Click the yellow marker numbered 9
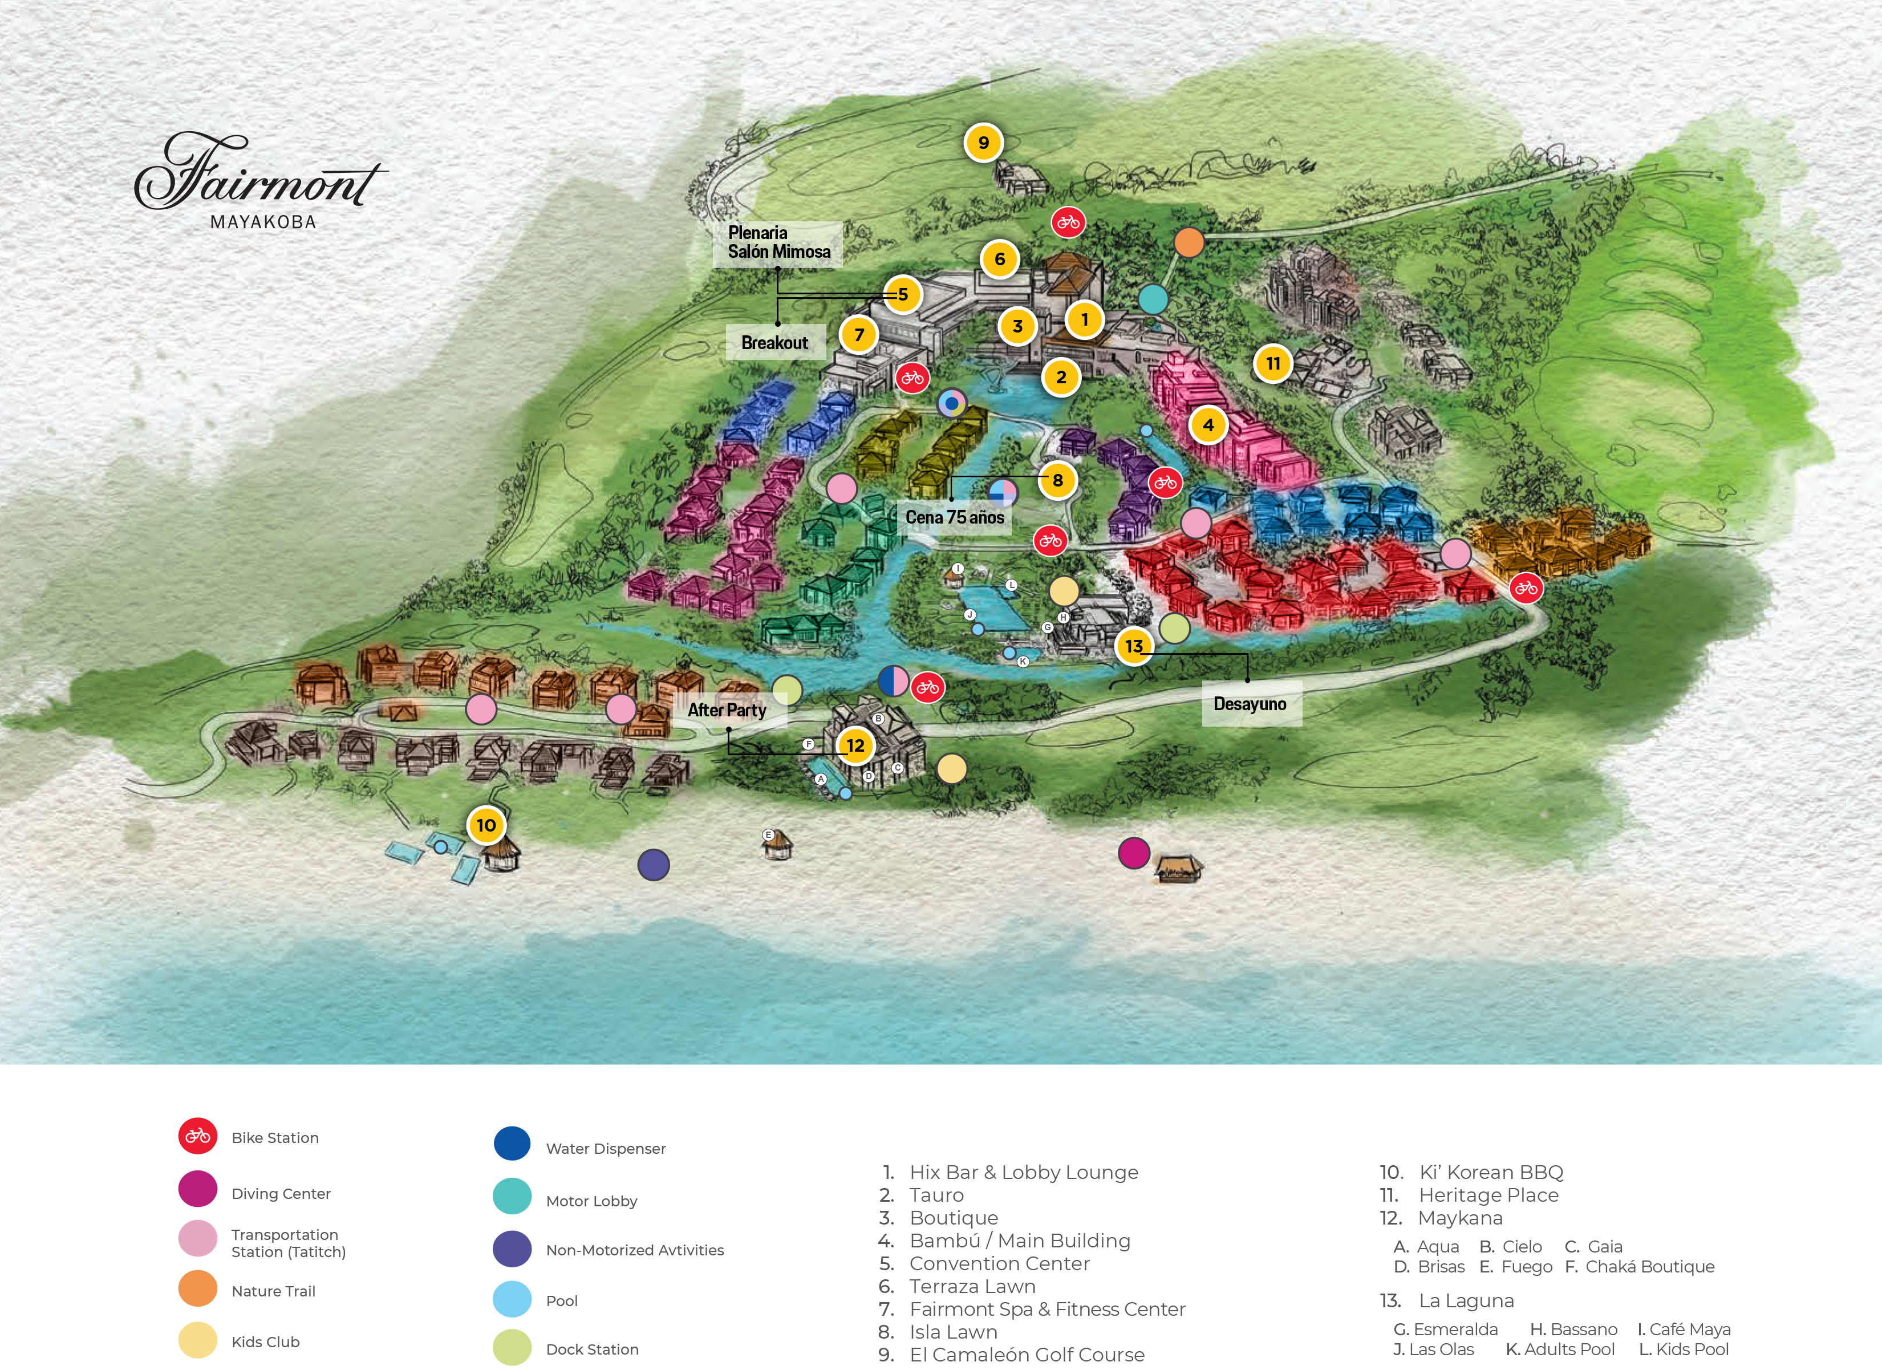coord(983,143)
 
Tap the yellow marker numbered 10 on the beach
coord(486,825)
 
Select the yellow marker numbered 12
coord(855,745)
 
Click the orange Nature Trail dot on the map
coord(1189,243)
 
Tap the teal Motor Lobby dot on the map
coord(1153,299)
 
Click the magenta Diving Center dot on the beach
coord(1134,852)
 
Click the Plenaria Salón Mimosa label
coord(778,242)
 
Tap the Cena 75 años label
coord(954,517)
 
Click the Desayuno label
coord(1250,704)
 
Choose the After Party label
coord(727,710)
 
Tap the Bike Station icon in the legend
coord(197,1136)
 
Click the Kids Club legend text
coord(266,1342)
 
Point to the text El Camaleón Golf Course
coord(1027,1354)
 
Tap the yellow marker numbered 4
coord(1208,425)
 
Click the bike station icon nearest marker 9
coord(1068,222)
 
